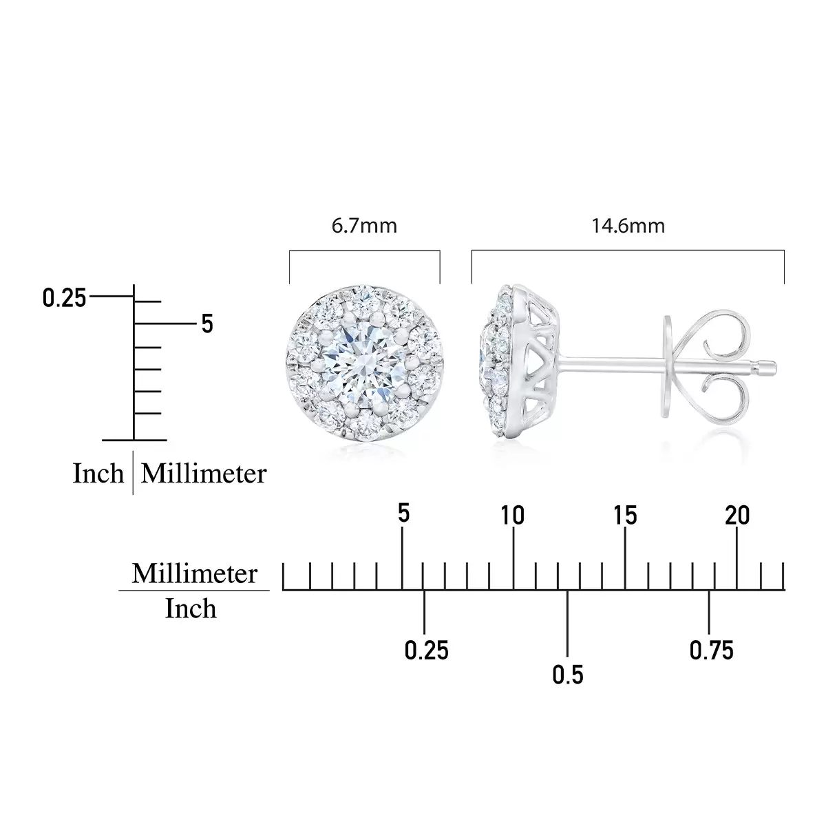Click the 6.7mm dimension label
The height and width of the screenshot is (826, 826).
point(364,226)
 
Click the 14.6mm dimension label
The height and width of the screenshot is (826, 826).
point(628,226)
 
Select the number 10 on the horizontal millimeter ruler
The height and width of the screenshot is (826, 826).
point(513,515)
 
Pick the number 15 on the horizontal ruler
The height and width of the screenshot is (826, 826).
point(625,515)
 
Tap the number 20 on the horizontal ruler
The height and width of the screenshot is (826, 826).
point(737,515)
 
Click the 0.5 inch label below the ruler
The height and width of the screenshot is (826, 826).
point(567,675)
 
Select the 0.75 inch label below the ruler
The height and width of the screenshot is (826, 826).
point(712,650)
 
